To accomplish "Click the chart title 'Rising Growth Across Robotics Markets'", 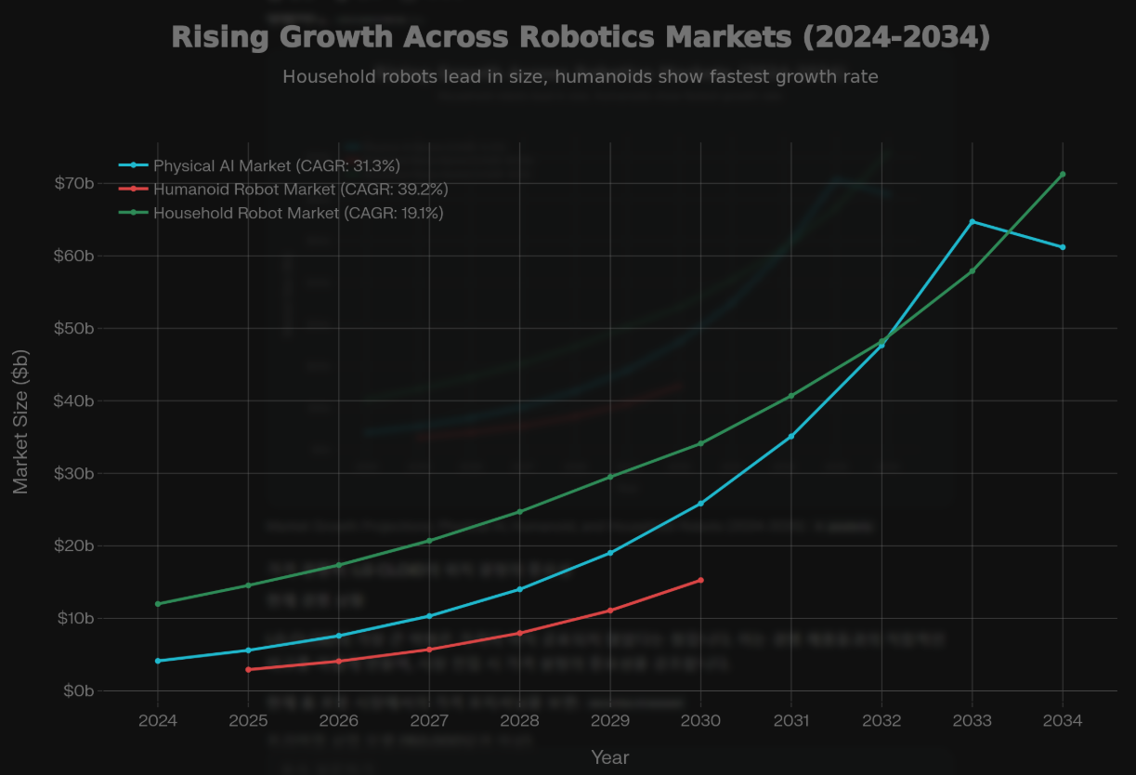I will coord(581,37).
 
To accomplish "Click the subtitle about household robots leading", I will coord(581,76).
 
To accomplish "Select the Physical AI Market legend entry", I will coord(276,165).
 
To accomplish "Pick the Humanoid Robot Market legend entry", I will coord(300,190).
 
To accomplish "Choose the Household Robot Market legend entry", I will coord(297,213).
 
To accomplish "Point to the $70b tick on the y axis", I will coord(74,183).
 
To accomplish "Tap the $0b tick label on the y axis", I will coord(78,690).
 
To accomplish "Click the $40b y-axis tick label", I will coord(74,401).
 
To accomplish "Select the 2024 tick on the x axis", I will coord(158,720).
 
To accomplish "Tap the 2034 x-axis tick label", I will coord(1063,720).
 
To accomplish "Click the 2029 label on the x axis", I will coord(610,720).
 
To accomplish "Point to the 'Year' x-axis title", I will coord(610,757).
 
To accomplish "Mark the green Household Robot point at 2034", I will coord(1063,174).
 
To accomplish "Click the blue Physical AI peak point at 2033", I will coord(973,221).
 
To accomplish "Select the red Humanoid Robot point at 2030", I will coord(700,580).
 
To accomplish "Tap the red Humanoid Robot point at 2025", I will coord(248,669).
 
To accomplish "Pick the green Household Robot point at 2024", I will coord(158,604).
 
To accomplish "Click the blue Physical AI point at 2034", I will coord(1063,247).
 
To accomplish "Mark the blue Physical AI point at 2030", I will coord(700,504).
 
